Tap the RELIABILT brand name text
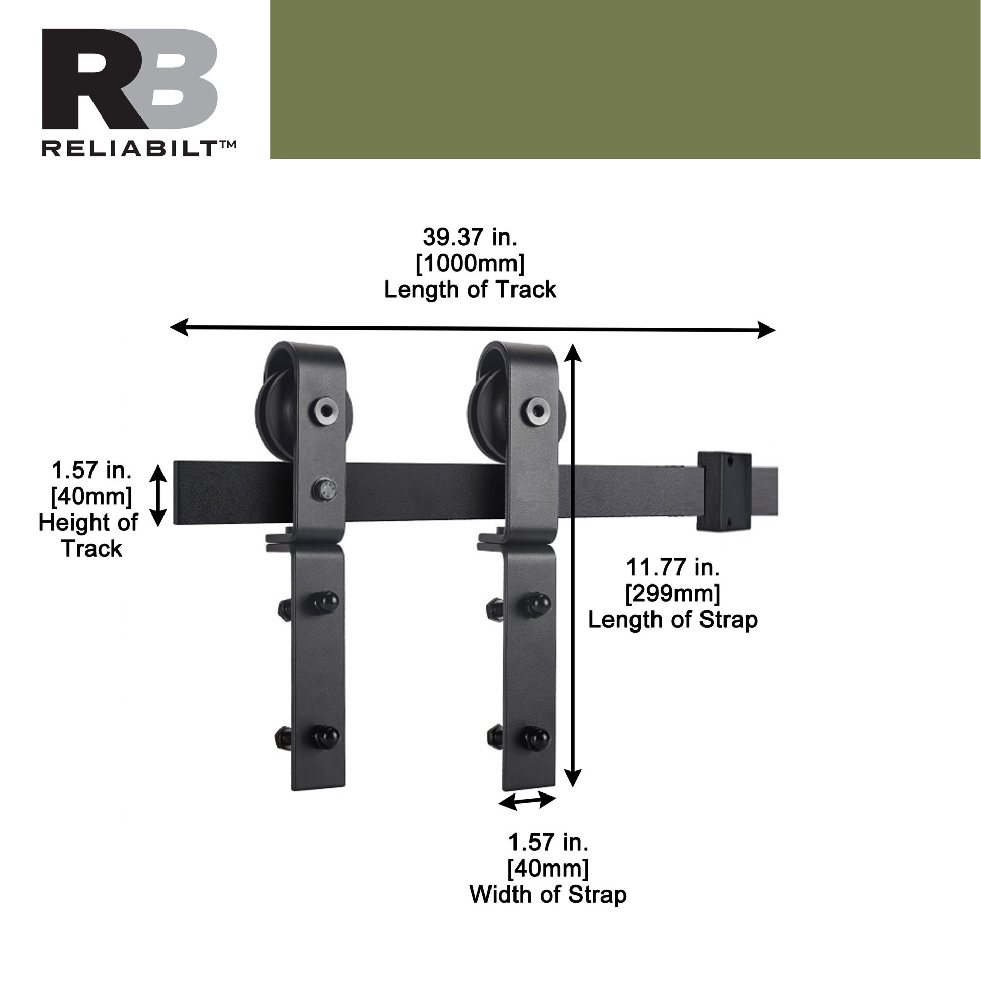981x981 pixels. click(x=138, y=149)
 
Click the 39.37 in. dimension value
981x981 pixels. click(x=470, y=237)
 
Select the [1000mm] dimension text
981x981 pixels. click(x=470, y=264)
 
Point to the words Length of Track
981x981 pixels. click(x=470, y=290)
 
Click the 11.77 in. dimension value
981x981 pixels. click(x=673, y=567)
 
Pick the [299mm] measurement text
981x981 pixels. click(x=673, y=593)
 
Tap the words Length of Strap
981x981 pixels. click(x=673, y=620)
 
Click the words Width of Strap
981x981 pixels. click(x=548, y=895)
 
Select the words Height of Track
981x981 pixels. click(x=88, y=535)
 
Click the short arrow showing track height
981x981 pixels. click(x=158, y=495)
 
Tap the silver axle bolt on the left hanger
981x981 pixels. click(x=325, y=409)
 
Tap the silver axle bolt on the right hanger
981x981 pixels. click(x=539, y=409)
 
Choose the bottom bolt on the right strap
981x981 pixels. click(x=536, y=737)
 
